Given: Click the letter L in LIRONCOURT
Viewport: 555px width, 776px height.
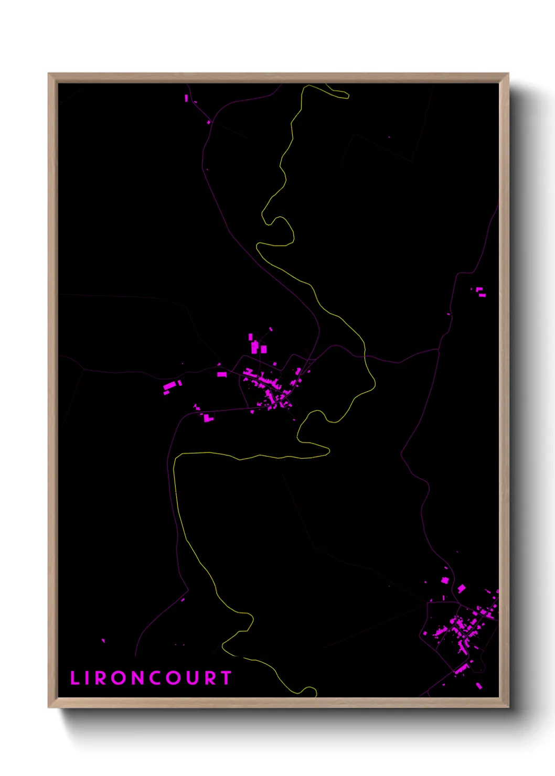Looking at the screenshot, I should point(74,678).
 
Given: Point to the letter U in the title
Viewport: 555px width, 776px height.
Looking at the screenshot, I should point(193,678).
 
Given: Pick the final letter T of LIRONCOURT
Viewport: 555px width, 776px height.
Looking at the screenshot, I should point(227,678).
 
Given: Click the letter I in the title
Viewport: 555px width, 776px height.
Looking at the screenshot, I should point(88,678).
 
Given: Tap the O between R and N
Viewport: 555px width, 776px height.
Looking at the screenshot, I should point(118,678).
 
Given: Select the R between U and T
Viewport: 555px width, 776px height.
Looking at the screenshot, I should point(210,678).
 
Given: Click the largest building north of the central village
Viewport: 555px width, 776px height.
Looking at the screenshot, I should point(255,347).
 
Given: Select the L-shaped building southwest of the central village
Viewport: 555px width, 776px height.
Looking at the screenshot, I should point(208,418).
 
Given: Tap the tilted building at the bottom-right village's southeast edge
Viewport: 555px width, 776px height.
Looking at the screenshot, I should point(478,685).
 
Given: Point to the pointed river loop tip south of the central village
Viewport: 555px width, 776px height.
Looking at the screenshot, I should point(328,450).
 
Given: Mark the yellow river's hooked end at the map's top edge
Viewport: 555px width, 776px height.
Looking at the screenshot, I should point(347,96).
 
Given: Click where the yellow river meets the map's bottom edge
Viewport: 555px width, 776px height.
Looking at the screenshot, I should point(316,696).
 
